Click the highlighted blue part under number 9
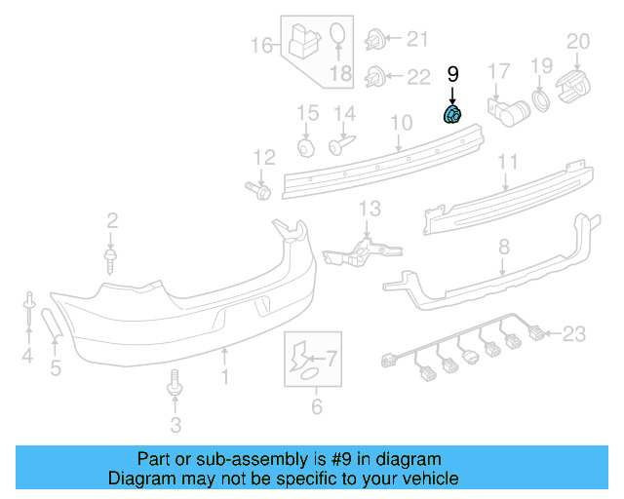(453, 118)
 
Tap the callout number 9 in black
(452, 73)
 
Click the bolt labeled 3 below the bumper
(175, 384)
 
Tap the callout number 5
(56, 367)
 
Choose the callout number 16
(261, 45)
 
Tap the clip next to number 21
(374, 40)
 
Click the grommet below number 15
(306, 147)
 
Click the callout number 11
(508, 161)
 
